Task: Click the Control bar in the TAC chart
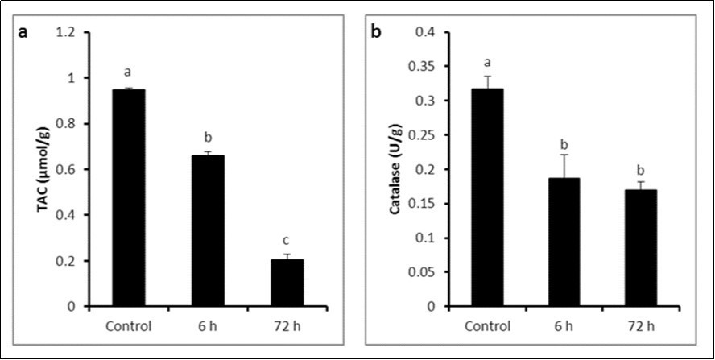point(129,198)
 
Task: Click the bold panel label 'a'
point(23,34)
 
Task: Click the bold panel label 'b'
point(376,34)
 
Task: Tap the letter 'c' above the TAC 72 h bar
point(287,239)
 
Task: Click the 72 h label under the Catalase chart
point(641,326)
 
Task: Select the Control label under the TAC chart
point(129,326)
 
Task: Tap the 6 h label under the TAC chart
point(208,326)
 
